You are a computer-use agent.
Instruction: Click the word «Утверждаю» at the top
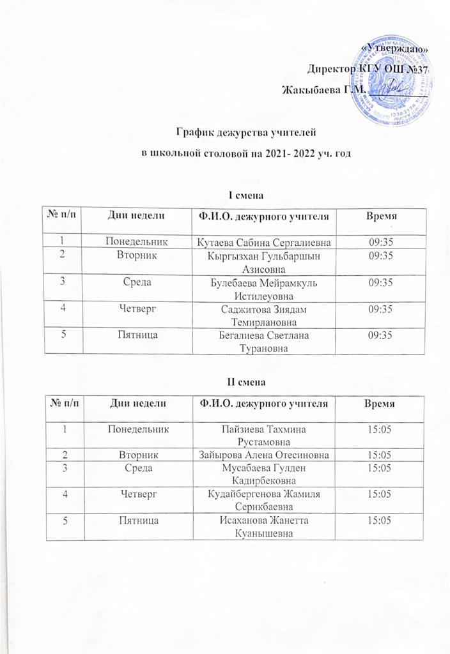[x=395, y=50]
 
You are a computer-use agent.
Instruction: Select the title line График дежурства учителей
[x=247, y=133]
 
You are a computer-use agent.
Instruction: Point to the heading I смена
[x=246, y=194]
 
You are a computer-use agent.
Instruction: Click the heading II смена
[x=246, y=383]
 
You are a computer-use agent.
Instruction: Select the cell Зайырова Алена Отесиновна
[x=264, y=454]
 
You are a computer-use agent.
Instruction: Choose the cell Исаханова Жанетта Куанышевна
[x=264, y=528]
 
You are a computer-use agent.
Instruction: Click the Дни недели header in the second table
[x=139, y=404]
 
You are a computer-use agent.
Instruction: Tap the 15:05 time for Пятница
[x=376, y=522]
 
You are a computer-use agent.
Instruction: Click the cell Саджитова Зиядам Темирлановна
[x=264, y=311]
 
